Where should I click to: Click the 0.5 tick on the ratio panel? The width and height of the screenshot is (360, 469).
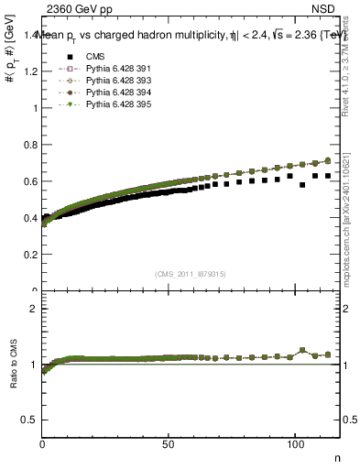[x=32, y=420]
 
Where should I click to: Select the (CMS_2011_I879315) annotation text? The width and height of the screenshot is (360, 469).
[x=191, y=273]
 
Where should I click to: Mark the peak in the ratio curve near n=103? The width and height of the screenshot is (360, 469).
[x=302, y=350]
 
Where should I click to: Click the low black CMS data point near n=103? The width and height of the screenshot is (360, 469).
[x=302, y=185]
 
